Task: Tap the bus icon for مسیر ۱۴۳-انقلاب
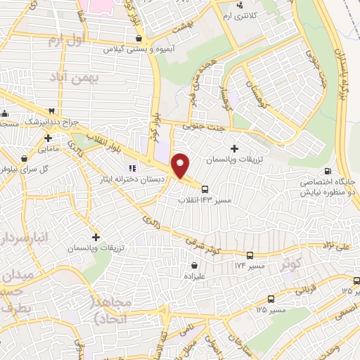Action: tap(205, 188)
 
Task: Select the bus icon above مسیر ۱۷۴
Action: tap(250, 255)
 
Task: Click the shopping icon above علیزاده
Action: tap(194, 265)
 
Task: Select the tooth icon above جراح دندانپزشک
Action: tap(51, 111)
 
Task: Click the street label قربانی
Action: tap(304, 289)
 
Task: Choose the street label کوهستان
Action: tap(256, 94)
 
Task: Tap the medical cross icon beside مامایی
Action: tap(47, 138)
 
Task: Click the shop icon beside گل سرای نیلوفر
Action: tap(25, 158)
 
